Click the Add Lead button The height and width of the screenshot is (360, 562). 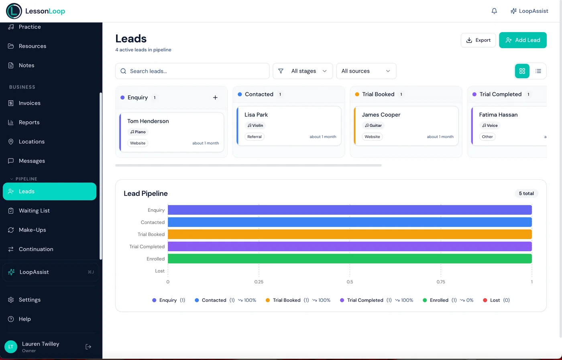coord(523,40)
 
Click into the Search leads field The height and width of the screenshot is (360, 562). coord(193,71)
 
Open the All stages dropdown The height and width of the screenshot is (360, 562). coord(303,71)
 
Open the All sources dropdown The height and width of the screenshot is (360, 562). coord(366,71)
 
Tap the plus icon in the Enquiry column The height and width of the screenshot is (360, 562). coord(215,98)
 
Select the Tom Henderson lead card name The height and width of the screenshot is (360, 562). coord(148,121)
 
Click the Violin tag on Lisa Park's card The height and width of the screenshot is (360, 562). coord(255,126)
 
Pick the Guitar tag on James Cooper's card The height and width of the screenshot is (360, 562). coord(373,126)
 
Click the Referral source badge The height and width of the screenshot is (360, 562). coord(255,137)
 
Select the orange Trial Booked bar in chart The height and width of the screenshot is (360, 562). coord(349,234)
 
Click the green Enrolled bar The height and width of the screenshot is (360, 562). coord(349,259)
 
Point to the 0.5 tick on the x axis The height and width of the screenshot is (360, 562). coord(350,282)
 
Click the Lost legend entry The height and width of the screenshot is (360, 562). coord(496,300)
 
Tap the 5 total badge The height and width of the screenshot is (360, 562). coord(526,193)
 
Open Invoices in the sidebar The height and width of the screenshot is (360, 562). coord(29,103)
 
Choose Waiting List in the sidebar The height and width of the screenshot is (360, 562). coord(34,211)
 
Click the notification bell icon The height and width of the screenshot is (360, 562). coord(494,11)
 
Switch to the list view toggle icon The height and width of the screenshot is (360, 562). coord(538,71)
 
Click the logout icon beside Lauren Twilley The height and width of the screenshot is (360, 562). coord(88,347)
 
